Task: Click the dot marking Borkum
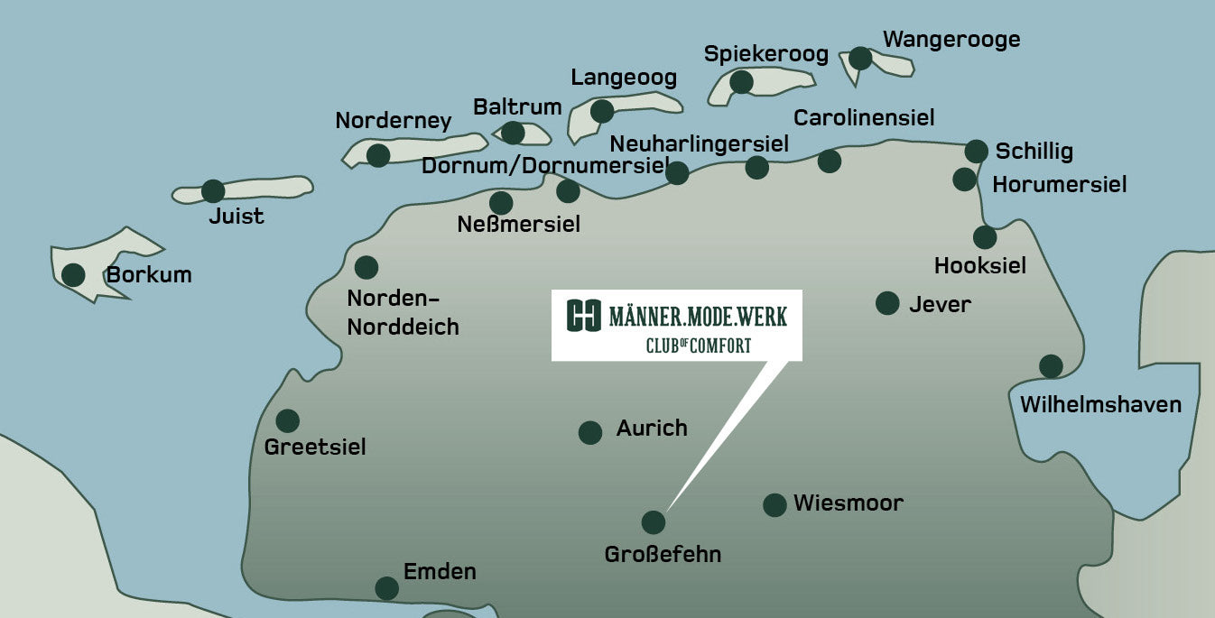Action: [x=72, y=274]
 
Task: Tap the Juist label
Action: [x=236, y=217]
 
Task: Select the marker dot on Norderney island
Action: [x=378, y=155]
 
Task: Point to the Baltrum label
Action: [x=517, y=107]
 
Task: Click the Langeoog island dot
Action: [x=602, y=112]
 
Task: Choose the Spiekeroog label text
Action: [x=765, y=54]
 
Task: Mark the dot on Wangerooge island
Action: [x=860, y=59]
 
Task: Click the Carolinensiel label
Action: [x=864, y=117]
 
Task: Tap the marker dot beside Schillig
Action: [x=977, y=151]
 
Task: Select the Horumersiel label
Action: [x=1059, y=185]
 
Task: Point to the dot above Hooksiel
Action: [x=985, y=237]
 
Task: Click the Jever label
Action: [x=940, y=304]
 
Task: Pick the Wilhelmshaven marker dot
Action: [x=1051, y=366]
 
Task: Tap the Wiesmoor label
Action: [x=848, y=503]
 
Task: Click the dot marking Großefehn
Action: [x=653, y=522]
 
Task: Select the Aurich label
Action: [x=652, y=429]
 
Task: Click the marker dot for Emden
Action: [x=386, y=588]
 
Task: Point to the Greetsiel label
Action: [x=315, y=447]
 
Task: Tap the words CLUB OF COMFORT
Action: [x=698, y=345]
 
